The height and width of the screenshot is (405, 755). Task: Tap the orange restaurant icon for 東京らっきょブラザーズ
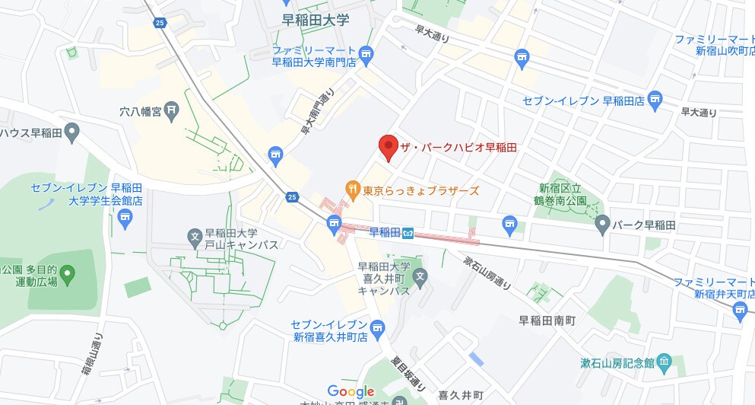[x=352, y=188]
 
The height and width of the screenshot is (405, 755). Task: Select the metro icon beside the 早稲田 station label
[x=408, y=232]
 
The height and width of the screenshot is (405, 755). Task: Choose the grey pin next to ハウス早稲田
[x=72, y=134]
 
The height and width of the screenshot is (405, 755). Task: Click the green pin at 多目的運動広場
[x=67, y=273]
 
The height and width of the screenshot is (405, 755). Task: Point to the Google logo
[x=351, y=391]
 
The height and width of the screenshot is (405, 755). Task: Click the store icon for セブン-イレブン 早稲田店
[x=656, y=98]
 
